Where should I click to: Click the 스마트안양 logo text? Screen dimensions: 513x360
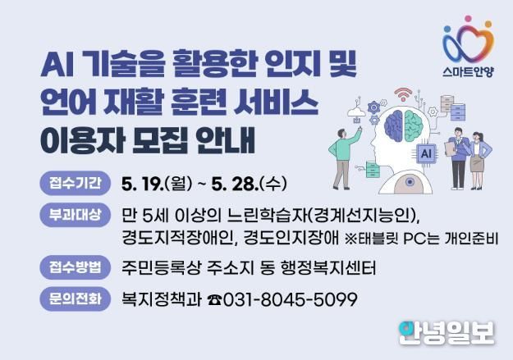click(468, 71)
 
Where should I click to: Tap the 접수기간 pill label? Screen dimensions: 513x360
click(76, 183)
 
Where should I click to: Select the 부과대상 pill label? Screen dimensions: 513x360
click(76, 215)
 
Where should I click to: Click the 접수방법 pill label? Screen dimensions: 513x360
click(76, 267)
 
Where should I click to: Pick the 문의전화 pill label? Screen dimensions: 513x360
click(76, 298)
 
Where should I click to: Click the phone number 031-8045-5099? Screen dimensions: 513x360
click(290, 299)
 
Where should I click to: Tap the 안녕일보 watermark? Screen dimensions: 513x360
click(447, 333)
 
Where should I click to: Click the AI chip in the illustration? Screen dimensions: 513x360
click(426, 153)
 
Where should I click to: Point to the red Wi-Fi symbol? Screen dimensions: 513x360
click(403, 94)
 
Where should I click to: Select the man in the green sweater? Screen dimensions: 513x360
click(344, 158)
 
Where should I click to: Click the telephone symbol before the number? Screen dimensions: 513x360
click(214, 300)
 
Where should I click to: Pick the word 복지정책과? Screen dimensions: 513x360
click(162, 299)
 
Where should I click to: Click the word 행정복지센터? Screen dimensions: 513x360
click(328, 268)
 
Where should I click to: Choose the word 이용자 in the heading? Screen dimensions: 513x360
click(83, 141)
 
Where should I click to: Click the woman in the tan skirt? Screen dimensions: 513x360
click(479, 161)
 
